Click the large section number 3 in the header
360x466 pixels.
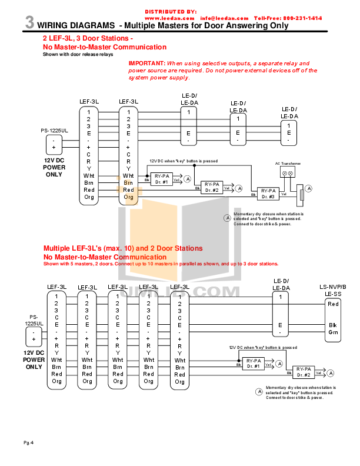[29, 23]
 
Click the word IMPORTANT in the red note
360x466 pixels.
[146, 63]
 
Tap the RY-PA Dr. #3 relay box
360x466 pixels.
[268, 194]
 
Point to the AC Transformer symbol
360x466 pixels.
[288, 173]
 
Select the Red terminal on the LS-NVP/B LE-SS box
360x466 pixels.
[333, 304]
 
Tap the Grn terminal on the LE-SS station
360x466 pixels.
[333, 332]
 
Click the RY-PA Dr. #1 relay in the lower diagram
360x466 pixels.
[253, 363]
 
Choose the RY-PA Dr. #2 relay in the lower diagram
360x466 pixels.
[303, 372]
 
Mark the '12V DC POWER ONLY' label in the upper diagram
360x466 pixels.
[54, 167]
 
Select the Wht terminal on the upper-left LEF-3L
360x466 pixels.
[89, 175]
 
